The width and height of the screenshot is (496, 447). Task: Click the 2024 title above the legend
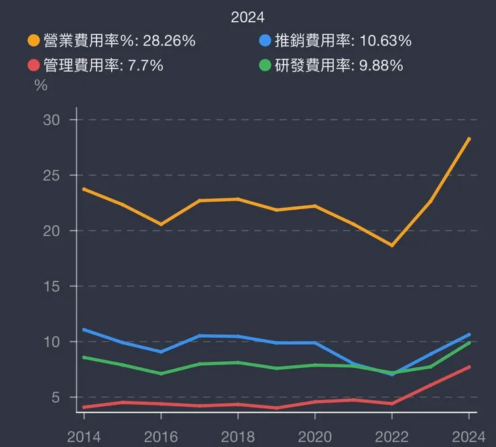click(x=248, y=17)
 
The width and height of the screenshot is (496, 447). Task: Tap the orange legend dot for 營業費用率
click(x=34, y=41)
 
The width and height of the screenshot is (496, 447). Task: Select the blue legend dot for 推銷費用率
click(x=265, y=41)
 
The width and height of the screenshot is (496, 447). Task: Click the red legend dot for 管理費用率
click(x=34, y=66)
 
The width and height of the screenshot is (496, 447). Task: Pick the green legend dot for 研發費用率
click(x=265, y=66)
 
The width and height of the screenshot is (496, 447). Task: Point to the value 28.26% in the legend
click(x=169, y=41)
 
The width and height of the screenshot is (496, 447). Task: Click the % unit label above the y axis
click(x=41, y=86)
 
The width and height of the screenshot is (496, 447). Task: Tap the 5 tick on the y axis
click(x=56, y=397)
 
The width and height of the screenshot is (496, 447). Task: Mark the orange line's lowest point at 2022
click(x=392, y=245)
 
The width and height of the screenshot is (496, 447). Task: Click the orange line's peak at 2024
click(x=469, y=139)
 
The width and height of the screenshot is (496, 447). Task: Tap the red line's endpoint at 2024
click(x=469, y=367)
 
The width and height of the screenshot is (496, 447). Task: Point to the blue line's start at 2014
click(x=84, y=330)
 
